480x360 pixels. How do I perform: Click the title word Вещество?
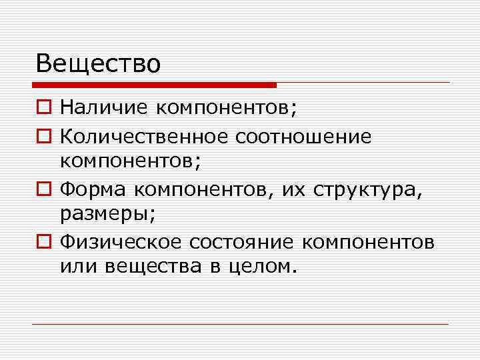coord(99,63)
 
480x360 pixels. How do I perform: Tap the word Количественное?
coord(145,137)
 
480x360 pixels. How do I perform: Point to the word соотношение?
coord(304,137)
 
